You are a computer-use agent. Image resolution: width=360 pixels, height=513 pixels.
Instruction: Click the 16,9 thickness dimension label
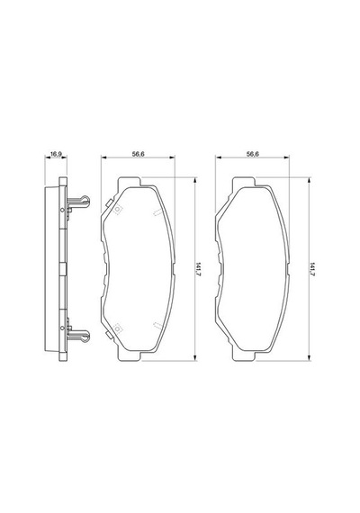[56, 154]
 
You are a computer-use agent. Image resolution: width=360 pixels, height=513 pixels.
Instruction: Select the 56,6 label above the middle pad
[138, 154]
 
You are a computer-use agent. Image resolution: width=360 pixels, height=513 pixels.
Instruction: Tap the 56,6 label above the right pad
[253, 154]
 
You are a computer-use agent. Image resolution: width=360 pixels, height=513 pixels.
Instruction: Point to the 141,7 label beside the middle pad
[198, 269]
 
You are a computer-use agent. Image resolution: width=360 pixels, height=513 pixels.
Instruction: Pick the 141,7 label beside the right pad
[312, 269]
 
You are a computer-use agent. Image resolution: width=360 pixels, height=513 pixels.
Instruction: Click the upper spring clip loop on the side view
[85, 200]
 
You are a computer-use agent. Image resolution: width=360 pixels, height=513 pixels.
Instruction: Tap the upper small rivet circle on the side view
[62, 210]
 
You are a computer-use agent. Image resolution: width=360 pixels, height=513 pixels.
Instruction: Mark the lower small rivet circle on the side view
[62, 328]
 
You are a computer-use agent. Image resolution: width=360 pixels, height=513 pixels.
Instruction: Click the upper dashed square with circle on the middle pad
[118, 210]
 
